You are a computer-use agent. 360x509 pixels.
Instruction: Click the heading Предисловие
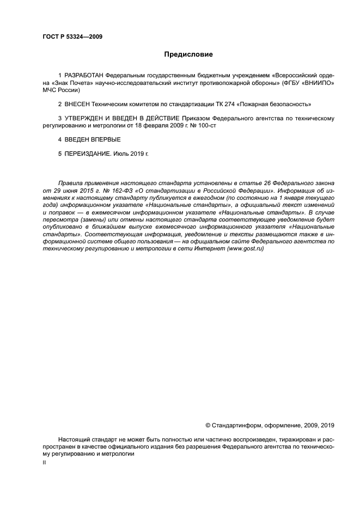[x=189, y=54]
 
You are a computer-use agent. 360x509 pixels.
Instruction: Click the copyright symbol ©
[x=208, y=425]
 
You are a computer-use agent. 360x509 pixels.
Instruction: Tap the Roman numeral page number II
[x=44, y=462]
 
